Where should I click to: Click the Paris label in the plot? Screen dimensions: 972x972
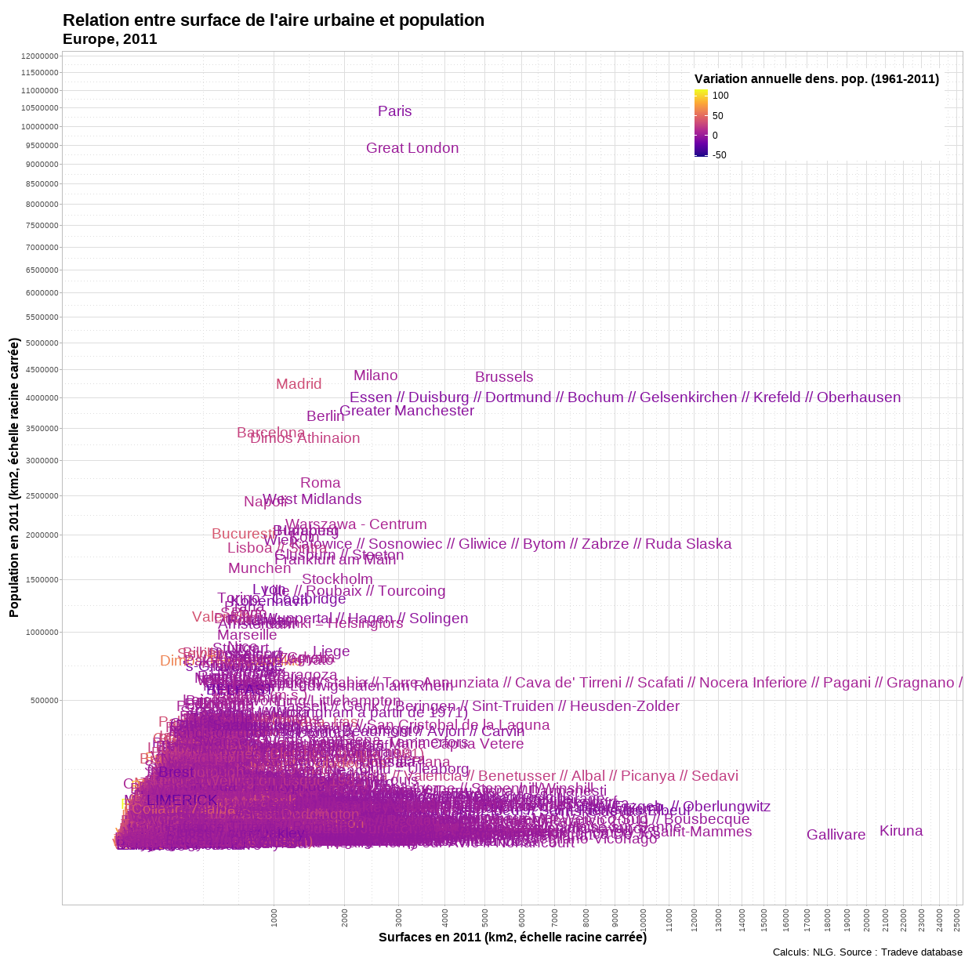point(394,111)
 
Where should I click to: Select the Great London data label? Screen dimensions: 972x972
point(412,148)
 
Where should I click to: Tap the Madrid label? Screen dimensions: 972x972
point(299,384)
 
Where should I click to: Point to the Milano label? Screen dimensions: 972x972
point(375,375)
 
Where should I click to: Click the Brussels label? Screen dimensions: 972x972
point(504,377)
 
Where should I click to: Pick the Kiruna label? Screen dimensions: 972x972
point(901,831)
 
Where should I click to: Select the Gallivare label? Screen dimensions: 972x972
point(836,835)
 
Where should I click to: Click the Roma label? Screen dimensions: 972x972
point(320,483)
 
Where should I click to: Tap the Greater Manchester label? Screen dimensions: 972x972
point(407,411)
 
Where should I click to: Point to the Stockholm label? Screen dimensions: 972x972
point(337,579)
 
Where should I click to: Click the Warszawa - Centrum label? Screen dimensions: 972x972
point(356,524)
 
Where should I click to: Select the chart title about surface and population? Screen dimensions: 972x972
point(274,20)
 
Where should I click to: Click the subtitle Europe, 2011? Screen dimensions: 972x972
point(110,39)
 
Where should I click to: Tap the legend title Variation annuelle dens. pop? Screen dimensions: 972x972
point(816,78)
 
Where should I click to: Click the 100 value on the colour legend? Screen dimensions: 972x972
point(720,96)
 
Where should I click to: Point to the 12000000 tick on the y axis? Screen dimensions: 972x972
point(40,56)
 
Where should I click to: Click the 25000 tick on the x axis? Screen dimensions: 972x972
point(957,917)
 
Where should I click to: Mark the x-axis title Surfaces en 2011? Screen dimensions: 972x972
point(512,938)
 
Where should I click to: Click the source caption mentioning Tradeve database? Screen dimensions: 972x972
point(867,952)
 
